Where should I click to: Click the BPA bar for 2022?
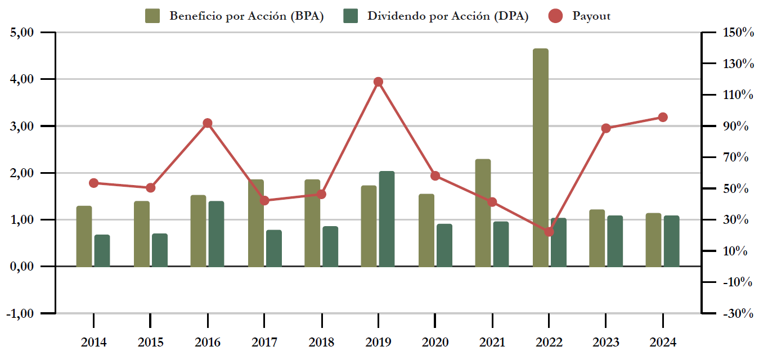click(540, 157)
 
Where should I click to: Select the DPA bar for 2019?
click(387, 219)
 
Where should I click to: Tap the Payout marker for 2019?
click(378, 82)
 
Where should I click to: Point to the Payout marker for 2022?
click(549, 232)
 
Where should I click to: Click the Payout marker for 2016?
click(208, 123)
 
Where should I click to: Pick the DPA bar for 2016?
click(216, 234)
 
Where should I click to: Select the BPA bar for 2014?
click(84, 236)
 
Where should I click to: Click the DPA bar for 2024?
click(671, 241)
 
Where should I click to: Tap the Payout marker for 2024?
click(663, 118)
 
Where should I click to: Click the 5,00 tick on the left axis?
click(23, 33)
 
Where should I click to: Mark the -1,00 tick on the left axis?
click(20, 313)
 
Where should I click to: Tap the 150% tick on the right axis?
click(738, 33)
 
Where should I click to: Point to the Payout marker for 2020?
click(435, 176)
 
